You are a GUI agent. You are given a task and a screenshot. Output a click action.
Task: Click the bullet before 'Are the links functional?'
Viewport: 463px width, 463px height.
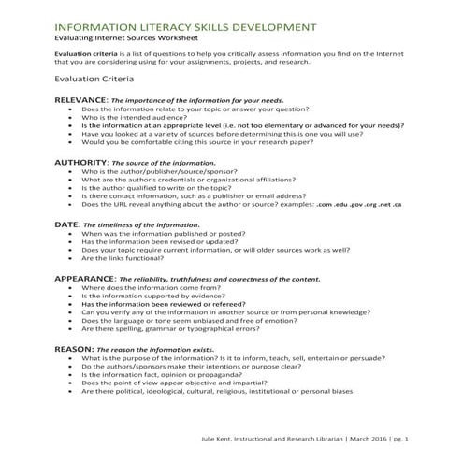click(72, 259)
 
